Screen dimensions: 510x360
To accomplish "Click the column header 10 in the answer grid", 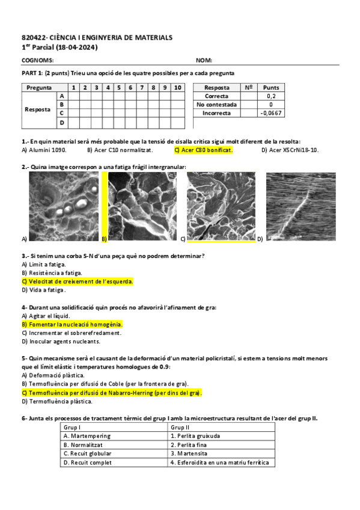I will [x=177, y=87].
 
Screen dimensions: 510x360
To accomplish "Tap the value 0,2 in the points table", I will [x=271, y=96].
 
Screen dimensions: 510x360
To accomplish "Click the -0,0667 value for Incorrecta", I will [x=271, y=112].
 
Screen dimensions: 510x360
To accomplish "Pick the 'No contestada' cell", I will [x=216, y=104].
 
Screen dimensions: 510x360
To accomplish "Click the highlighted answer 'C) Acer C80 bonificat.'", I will [x=203, y=150].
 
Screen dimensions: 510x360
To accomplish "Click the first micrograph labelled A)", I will [x=64, y=206].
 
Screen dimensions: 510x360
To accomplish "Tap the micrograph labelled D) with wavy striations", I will [x=301, y=206].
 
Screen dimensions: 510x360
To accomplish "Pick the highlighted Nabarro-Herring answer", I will [x=112, y=393].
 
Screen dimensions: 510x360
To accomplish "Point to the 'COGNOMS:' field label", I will [x=37, y=60].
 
